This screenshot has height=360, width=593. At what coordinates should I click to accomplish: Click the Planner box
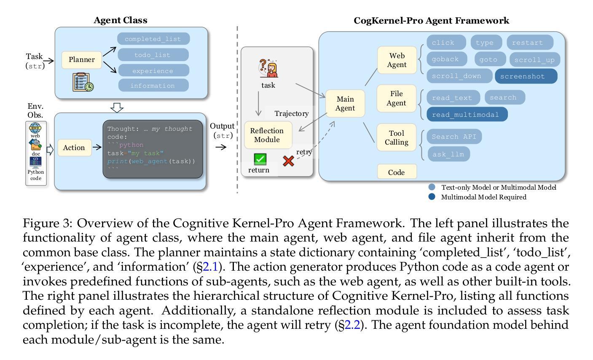[x=81, y=60]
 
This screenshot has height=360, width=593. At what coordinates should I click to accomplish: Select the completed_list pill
[x=153, y=39]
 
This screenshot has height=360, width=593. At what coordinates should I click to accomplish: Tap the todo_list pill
[x=153, y=55]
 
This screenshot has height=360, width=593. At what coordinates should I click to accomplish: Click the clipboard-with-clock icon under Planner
[x=83, y=82]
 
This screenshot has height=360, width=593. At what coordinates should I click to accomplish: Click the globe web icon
[x=35, y=128]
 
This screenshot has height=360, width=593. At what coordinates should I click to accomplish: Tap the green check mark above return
[x=260, y=159]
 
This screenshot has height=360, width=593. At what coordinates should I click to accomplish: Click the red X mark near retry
[x=288, y=161]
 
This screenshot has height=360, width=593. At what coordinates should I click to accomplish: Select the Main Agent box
[x=345, y=104]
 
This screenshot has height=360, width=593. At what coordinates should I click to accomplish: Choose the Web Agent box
[x=397, y=60]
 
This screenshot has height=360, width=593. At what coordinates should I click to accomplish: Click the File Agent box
[x=396, y=98]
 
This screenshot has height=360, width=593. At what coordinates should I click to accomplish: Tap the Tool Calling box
[x=396, y=137]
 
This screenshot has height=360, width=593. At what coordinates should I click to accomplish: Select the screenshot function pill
[x=526, y=76]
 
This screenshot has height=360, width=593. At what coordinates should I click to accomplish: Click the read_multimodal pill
[x=467, y=114]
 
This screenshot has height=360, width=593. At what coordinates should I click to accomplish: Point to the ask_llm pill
[x=449, y=154]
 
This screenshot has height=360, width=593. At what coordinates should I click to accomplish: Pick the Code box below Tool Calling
[x=397, y=172]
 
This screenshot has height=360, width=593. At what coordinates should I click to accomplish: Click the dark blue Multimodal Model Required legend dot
[x=432, y=197]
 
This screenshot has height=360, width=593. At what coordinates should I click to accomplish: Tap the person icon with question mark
[x=268, y=68]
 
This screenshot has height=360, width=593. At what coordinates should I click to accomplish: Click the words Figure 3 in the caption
[x=47, y=223]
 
